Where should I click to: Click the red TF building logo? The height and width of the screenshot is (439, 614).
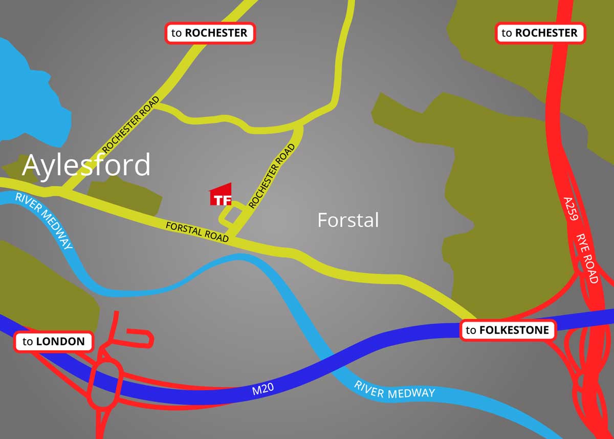(x=221, y=195)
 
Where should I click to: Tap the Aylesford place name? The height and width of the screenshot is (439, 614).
(x=86, y=165)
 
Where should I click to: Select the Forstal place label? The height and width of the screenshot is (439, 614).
(x=348, y=220)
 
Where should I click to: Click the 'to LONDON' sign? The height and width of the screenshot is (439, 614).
(x=54, y=342)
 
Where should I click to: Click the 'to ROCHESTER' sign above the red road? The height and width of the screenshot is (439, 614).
(x=540, y=33)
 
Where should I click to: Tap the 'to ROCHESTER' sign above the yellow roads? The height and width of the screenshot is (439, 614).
(x=210, y=33)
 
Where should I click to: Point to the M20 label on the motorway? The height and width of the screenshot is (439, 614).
(x=263, y=390)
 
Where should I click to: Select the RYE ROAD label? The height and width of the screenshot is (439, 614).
(x=587, y=259)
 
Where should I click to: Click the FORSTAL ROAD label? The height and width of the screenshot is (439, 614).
(x=197, y=232)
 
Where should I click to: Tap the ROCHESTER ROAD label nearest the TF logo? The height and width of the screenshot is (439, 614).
(x=272, y=176)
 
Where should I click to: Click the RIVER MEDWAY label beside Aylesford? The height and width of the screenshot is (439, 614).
(x=43, y=221)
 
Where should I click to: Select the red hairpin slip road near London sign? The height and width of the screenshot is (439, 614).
(x=138, y=338)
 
